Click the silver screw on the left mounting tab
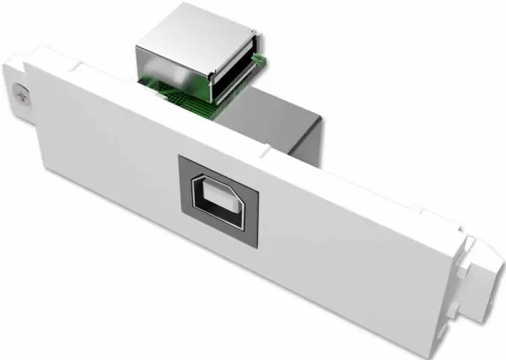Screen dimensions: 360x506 (18, 98)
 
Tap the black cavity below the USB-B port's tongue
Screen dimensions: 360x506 (221, 212)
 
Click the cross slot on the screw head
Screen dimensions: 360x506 (18, 98)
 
